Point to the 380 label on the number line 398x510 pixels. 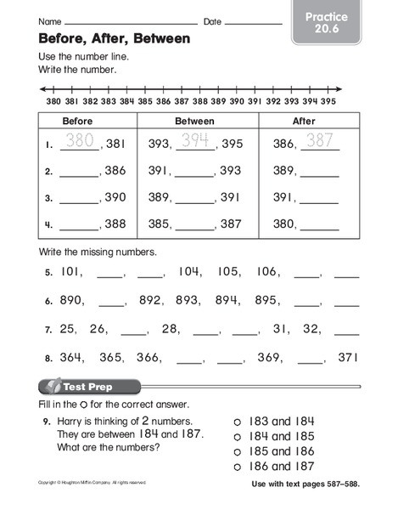coord(53,99)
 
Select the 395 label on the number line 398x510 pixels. coord(327,99)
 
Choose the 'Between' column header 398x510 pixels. coord(194,121)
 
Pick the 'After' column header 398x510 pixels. coord(303,121)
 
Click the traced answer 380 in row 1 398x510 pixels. coord(80,142)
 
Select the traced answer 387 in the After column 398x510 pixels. coord(320,142)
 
